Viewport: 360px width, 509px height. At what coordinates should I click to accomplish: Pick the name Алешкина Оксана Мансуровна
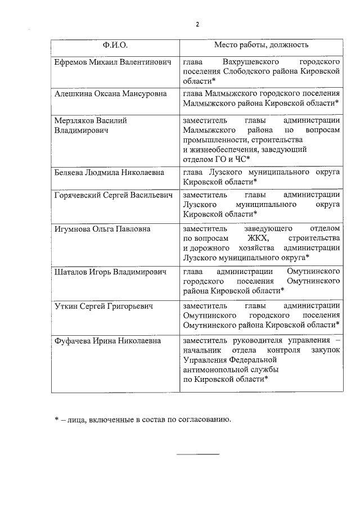coord(110,93)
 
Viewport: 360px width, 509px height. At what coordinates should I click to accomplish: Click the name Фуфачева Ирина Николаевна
coord(107,341)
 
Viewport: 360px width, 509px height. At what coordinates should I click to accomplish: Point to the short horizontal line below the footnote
coord(198,453)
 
